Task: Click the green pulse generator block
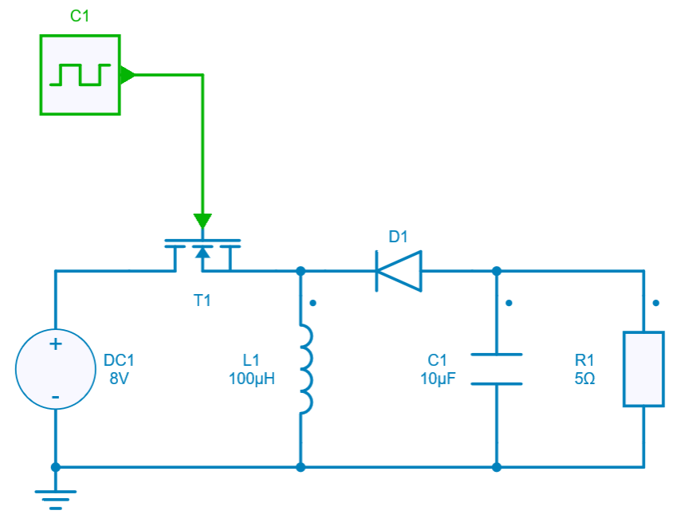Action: point(80,75)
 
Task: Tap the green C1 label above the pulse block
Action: point(80,16)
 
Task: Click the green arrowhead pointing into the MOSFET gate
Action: point(202,221)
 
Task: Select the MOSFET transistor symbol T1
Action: point(202,253)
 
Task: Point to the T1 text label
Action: point(202,300)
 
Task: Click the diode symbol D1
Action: point(398,271)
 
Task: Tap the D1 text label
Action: point(398,237)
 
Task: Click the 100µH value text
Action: point(251,379)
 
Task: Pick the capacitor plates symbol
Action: point(496,369)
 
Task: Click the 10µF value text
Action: point(438,379)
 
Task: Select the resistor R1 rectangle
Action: point(643,369)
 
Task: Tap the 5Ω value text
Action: point(584,379)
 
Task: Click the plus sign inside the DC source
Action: point(55,345)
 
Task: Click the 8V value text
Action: point(119,379)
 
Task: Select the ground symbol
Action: point(55,498)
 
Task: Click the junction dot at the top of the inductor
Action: point(301,271)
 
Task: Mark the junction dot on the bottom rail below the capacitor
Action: point(496,467)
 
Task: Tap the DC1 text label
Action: point(119,359)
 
